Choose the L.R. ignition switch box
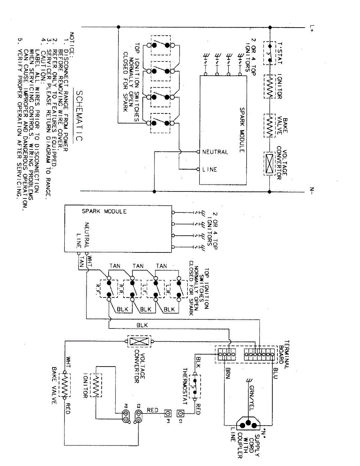pyautogui.click(x=178, y=288)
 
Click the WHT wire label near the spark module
pyautogui.click(x=90, y=258)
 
